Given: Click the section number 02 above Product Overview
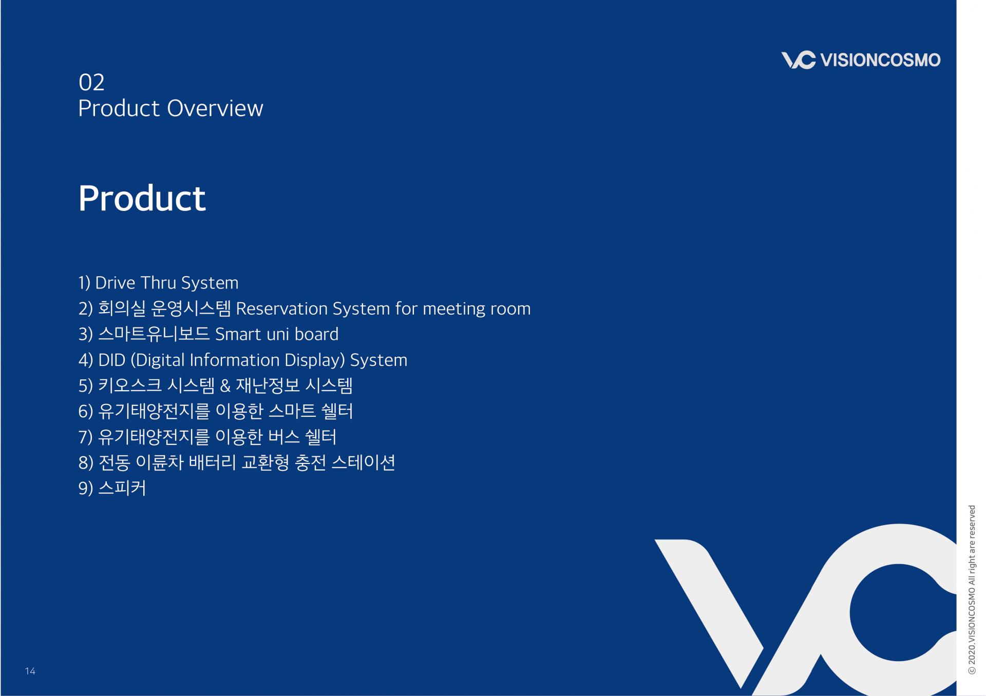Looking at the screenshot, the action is coord(91,82).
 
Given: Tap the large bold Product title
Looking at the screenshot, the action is coord(142,199).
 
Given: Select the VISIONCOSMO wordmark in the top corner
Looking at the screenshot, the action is coord(880,60).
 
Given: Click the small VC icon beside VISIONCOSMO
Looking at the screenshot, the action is coord(798,60).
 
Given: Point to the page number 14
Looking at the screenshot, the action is coord(30,671).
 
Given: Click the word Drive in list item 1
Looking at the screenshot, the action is coord(115,283).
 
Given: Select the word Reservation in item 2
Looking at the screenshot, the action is coord(281,308).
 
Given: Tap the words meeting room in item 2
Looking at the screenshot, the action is coord(477,309).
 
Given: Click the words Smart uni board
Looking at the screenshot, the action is coord(277,334).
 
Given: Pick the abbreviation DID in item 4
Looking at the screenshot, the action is coord(112,360).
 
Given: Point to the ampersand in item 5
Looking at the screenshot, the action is coord(225,385).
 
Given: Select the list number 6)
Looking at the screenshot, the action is coord(86,411).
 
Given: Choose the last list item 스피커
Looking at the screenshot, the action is coord(122,488).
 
